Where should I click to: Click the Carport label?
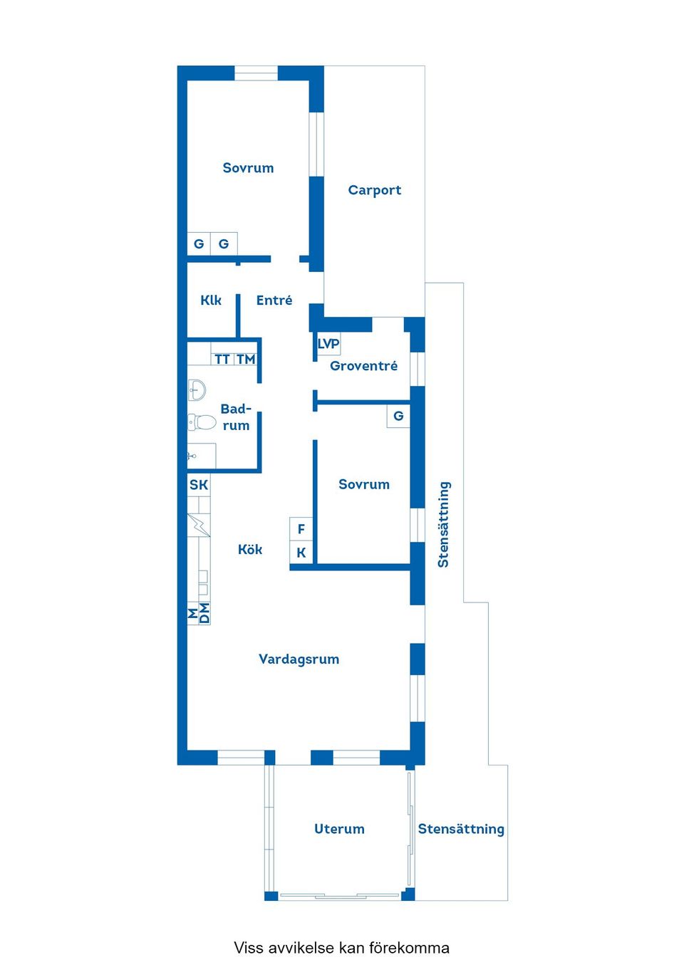pos(374,190)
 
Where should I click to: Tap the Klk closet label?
pos(211,300)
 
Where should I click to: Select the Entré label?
pos(274,300)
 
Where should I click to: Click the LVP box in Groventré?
pos(328,344)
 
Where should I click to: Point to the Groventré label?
pos(363,366)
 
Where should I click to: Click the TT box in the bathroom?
pos(222,359)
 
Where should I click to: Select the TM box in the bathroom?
pos(246,359)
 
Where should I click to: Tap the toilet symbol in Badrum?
pos(202,422)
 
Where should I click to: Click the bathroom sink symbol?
pos(197,390)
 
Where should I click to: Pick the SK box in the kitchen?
pos(199,485)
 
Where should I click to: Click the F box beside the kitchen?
pos(301,529)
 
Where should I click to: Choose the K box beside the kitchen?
pos(301,553)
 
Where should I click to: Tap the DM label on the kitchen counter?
pos(204,613)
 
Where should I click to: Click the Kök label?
pos(250,550)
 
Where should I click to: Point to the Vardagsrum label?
pos(299,659)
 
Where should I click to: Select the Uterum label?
pos(339,829)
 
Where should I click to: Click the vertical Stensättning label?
pos(443,525)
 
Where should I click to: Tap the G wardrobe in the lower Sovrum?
pos(398,416)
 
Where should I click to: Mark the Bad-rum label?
pos(236,417)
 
